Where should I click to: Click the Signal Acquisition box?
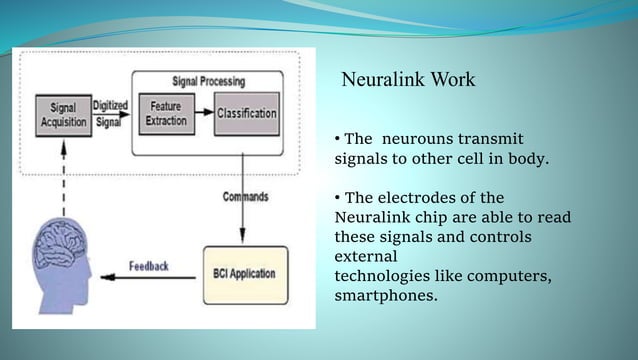tap(63, 116)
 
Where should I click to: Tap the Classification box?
tap(247, 113)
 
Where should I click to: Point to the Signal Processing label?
tap(205, 78)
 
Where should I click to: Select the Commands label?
tap(246, 196)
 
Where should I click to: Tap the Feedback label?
tap(149, 266)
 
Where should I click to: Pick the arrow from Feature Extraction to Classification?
tap(205, 113)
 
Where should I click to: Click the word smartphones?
tap(386, 295)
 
